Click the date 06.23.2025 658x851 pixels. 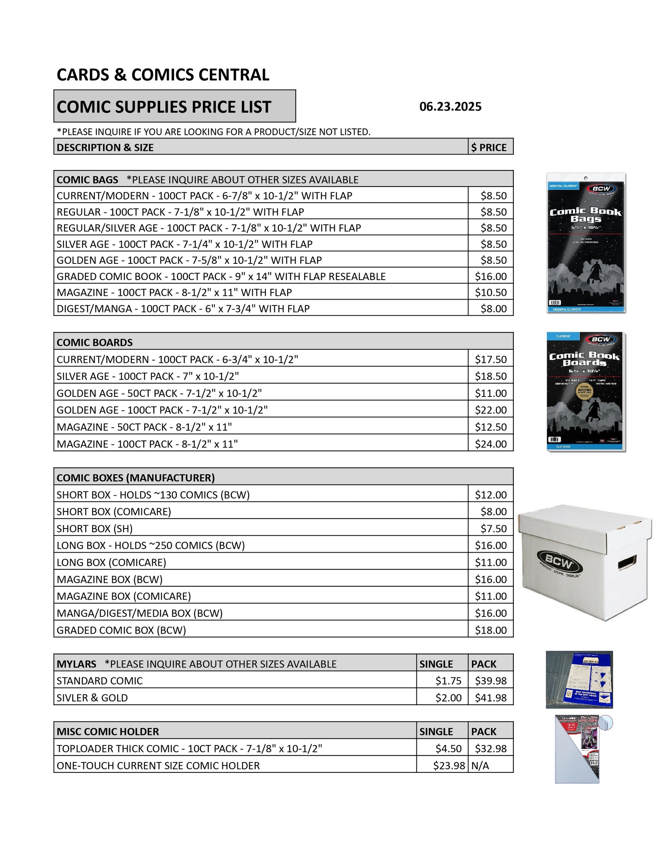coord(450,107)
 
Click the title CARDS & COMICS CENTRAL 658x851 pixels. coord(163,75)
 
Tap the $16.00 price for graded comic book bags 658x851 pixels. coord(490,276)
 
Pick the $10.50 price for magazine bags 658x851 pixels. coord(490,293)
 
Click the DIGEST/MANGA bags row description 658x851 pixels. coord(183,309)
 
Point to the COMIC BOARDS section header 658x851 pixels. coord(95,342)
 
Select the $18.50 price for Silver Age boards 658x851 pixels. coord(490,376)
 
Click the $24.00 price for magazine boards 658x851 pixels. coord(490,444)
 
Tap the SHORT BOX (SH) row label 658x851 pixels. coord(94,529)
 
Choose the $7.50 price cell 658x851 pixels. coord(493,529)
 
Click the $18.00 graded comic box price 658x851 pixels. coord(490,630)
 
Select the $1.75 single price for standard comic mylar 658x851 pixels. coord(448,681)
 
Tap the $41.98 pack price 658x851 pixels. coord(490,698)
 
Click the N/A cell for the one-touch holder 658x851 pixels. coord(480,765)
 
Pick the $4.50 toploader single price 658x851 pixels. coord(448,748)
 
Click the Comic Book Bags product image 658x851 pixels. coord(586,243)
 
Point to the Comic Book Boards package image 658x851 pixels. coord(586,391)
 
